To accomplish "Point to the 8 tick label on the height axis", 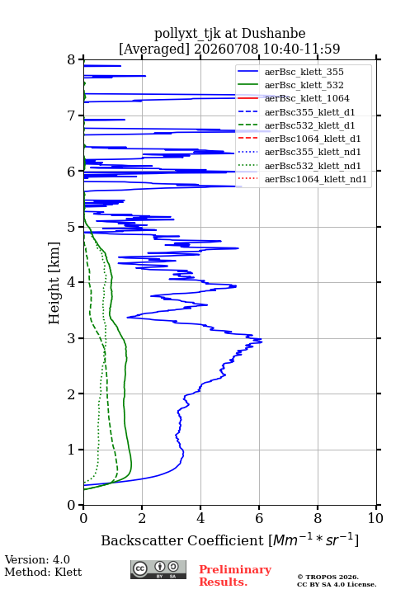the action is tap(72, 60).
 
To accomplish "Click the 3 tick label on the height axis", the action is tap(72, 338).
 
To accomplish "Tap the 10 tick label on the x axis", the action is tap(375, 518).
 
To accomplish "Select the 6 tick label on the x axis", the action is tap(259, 518).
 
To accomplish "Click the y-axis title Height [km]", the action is tap(54, 283).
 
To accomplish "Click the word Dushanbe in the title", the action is tap(273, 34).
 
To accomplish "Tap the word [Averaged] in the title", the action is tap(154, 49).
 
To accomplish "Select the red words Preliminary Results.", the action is tap(235, 576).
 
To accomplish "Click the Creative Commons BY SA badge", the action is tap(158, 570).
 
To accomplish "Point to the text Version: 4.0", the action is tap(37, 559).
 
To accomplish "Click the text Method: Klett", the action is tap(43, 572).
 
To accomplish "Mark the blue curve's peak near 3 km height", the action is tap(262, 342).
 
